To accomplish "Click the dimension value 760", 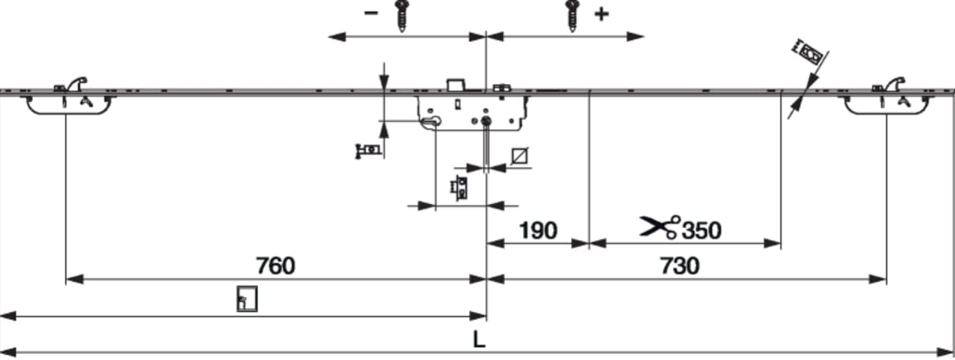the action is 275,265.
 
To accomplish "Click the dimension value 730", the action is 680,265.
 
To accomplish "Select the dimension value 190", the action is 538,230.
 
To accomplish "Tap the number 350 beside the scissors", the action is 701,230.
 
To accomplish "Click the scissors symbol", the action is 659,226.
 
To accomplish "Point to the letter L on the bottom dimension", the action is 479,340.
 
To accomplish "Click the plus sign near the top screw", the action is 602,14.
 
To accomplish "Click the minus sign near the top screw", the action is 371,13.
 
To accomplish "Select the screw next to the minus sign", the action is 401,16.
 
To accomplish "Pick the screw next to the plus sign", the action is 572,16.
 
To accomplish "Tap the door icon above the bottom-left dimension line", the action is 248,298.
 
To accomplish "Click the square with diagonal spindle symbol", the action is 520,156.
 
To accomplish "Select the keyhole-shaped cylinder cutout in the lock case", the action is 431,122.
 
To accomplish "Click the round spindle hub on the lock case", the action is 486,121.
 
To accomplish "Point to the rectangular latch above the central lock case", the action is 455,85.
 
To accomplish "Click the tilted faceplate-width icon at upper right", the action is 807,52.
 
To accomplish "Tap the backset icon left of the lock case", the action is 368,151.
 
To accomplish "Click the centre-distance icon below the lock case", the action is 460,188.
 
